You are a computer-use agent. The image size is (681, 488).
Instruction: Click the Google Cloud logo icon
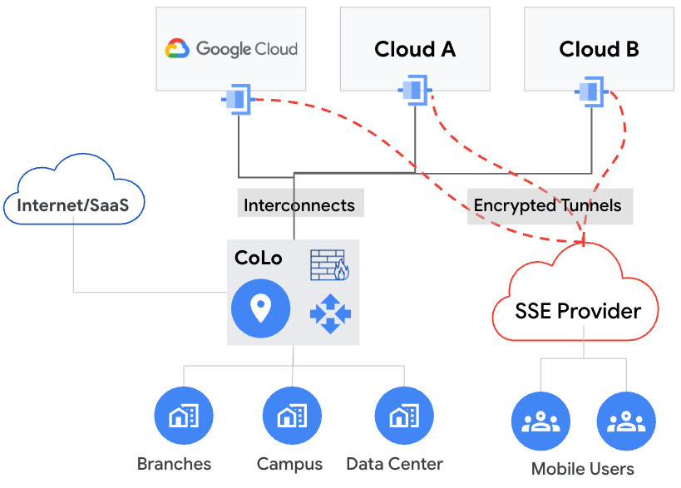pos(178,48)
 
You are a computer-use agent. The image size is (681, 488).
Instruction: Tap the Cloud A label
pos(415,49)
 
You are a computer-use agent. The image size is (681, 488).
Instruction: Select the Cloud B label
pos(599,49)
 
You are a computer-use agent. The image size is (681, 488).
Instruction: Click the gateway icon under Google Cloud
pos(238,100)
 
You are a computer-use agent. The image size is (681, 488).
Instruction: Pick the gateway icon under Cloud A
pos(416,90)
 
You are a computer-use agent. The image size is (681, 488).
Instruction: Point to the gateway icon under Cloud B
pos(593,90)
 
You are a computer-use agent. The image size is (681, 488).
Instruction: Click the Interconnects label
pos(299,205)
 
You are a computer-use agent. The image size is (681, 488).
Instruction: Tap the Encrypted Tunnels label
pos(547,205)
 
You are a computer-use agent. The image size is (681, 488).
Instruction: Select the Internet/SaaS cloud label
pos(73,205)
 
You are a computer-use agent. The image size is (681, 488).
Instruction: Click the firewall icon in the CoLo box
pos(330,264)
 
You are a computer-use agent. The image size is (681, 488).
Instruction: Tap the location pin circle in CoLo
pos(260,309)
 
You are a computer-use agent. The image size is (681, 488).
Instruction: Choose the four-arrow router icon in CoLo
pos(330,314)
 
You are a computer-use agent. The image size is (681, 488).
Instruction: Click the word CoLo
pos(259,258)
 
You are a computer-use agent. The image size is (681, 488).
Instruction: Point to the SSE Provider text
pos(578,311)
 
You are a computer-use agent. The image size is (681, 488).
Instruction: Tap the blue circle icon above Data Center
pos(403,417)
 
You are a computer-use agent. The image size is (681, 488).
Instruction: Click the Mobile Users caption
pos(582,469)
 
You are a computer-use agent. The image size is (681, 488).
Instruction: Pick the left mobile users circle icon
pos(541,422)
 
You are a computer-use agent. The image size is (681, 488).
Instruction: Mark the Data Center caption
pos(394,464)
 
